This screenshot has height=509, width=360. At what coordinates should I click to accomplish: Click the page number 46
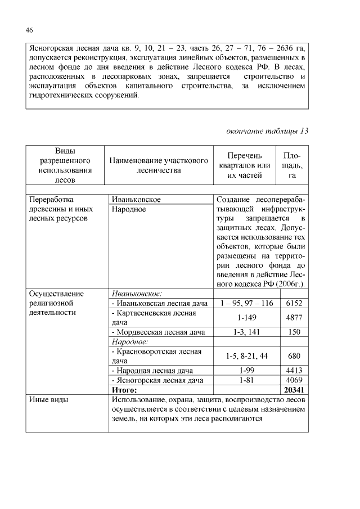coord(30,30)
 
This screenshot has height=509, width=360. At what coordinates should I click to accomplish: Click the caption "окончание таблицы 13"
coord(267,131)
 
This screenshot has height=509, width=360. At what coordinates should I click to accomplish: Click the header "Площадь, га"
coord(292,165)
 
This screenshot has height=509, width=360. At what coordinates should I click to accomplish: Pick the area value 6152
coord(294,304)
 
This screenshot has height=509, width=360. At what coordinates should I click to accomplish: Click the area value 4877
coord(294,318)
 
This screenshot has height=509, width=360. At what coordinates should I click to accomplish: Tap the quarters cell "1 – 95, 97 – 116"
coord(246,304)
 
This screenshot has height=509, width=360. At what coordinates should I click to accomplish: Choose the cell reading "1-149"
coord(246,318)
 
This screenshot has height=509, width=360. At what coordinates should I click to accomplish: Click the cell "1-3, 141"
coord(246,332)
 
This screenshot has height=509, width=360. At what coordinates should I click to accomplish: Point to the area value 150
coord(294,332)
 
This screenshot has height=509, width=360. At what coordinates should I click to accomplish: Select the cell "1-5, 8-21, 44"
coord(246,356)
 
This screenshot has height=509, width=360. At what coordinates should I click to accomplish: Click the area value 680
coord(294,356)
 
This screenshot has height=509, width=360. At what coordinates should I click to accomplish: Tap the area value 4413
coord(294,371)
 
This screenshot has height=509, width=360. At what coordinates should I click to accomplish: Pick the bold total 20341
coord(294,390)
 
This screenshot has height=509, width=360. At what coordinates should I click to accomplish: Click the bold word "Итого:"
coord(124,390)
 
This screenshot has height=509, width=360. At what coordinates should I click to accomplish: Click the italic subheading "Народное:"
coord(130,341)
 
